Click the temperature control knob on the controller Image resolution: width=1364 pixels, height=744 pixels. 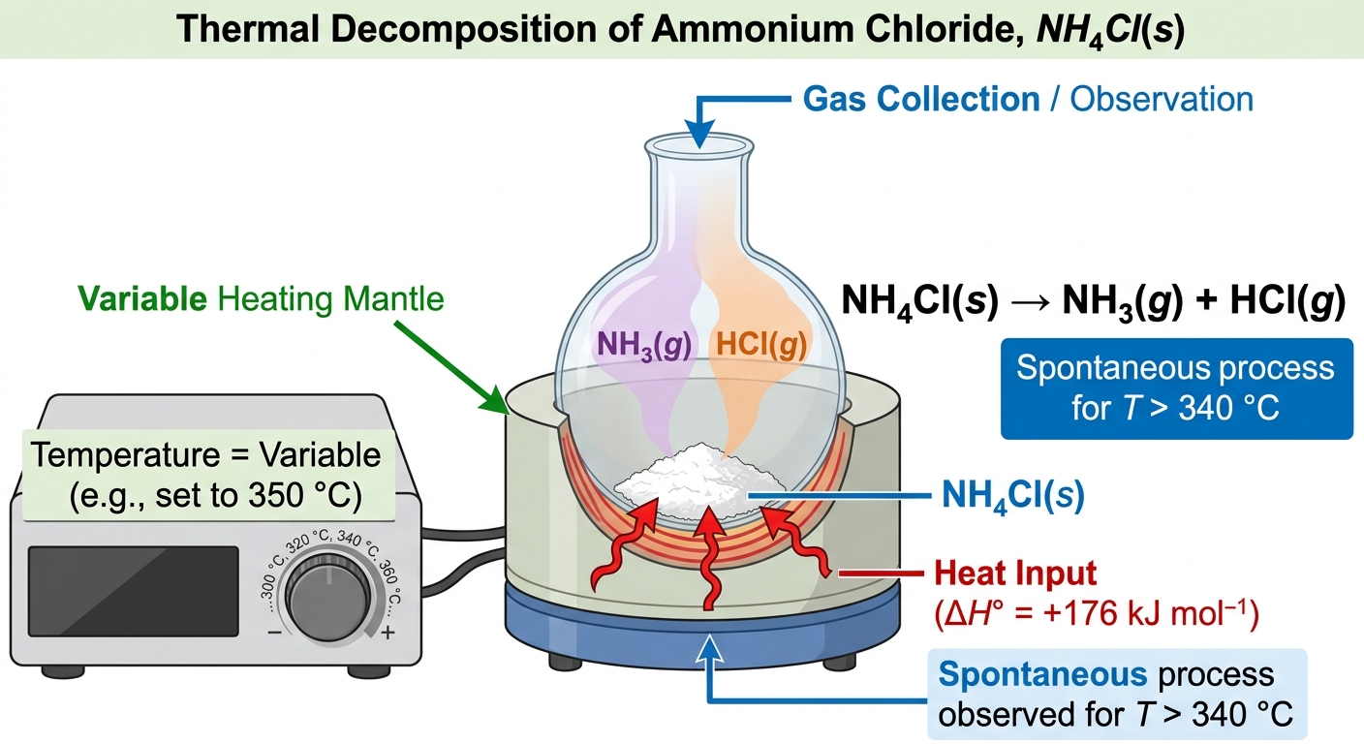(327, 598)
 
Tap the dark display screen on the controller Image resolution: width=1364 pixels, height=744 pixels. (134, 591)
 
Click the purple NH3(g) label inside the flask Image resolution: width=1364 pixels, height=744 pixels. (644, 345)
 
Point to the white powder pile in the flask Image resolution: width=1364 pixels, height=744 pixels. (699, 480)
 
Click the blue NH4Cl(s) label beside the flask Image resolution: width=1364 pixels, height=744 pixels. (1012, 495)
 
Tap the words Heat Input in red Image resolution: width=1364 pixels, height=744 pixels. (1015, 573)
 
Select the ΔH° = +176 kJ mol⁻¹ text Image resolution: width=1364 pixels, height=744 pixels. (1096, 612)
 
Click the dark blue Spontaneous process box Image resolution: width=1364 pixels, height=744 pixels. (1177, 388)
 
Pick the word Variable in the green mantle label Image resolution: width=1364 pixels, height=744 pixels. (141, 299)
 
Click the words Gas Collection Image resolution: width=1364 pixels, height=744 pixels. (920, 99)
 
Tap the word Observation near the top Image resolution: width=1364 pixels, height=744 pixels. (1162, 99)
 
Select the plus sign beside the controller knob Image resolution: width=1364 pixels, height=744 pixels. (387, 633)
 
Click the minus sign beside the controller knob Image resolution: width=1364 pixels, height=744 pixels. (274, 633)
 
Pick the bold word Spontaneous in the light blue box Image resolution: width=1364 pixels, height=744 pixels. (1042, 674)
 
